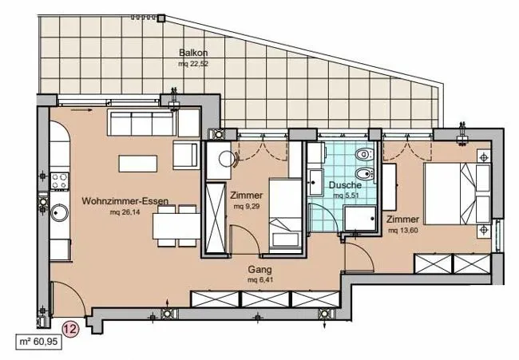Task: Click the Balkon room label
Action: click(x=193, y=53)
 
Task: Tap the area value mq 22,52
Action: click(x=193, y=64)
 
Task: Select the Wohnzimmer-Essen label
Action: click(x=125, y=201)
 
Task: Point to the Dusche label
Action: click(x=345, y=185)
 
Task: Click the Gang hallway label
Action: click(x=259, y=270)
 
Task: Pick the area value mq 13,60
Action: click(x=402, y=231)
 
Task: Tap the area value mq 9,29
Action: click(x=247, y=207)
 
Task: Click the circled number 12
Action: click(x=71, y=329)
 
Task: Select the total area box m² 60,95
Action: click(x=39, y=342)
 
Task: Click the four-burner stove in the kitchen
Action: click(x=60, y=181)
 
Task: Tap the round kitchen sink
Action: click(x=60, y=212)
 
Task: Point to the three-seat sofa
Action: click(x=141, y=123)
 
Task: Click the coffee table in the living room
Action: click(x=137, y=164)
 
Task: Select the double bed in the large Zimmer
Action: click(x=457, y=193)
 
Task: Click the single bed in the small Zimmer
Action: click(x=285, y=216)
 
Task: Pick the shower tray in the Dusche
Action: click(x=360, y=218)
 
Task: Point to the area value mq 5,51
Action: click(x=346, y=196)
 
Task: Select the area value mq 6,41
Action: click(x=260, y=280)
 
